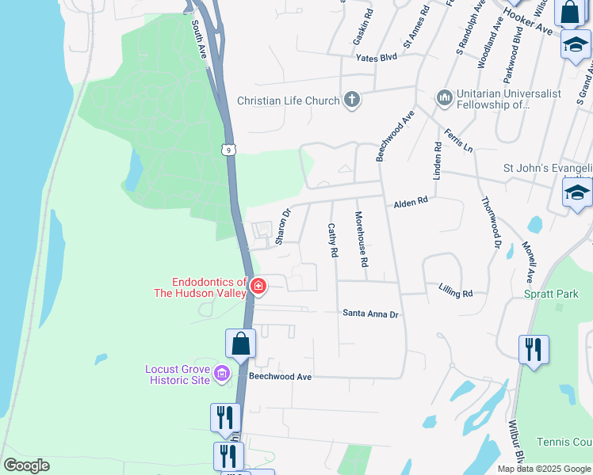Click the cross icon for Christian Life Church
[x=352, y=101]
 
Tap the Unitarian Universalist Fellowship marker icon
[x=444, y=97]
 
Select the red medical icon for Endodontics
[x=258, y=287]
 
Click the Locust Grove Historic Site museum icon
[x=223, y=374]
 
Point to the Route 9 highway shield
[x=228, y=149]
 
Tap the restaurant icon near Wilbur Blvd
[x=534, y=349]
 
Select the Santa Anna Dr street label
[x=369, y=314]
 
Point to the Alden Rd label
[x=411, y=203]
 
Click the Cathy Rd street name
[x=333, y=240]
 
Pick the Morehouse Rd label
[x=362, y=238]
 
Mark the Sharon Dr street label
[x=282, y=225]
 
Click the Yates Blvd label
[x=376, y=58]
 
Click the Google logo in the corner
[x=27, y=465]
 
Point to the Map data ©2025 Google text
[x=543, y=469]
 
